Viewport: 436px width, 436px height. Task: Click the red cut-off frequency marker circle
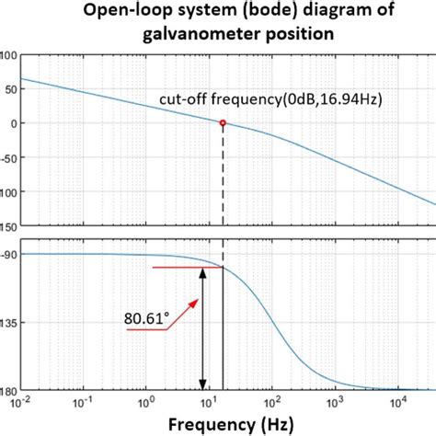[x=223, y=122]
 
